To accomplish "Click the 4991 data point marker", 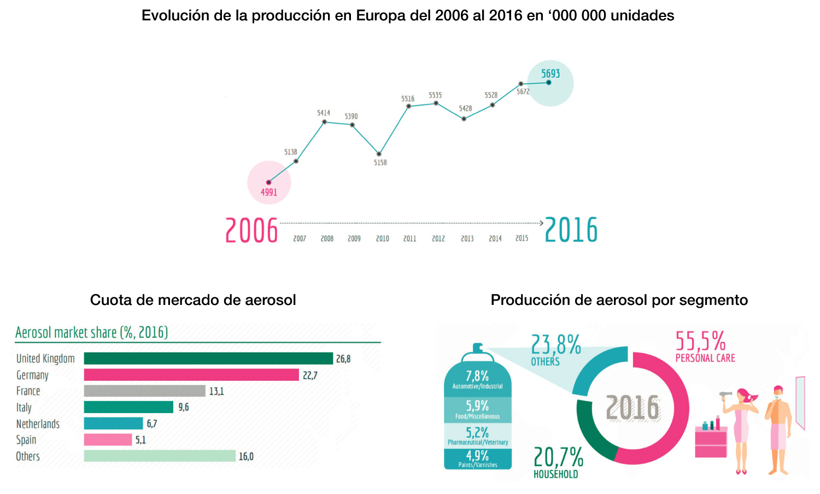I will [x=268, y=182].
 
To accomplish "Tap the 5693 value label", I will [x=550, y=74].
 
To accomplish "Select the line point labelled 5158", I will [x=379, y=154].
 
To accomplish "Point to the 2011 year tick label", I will [x=409, y=239].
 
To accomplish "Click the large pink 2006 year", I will [x=251, y=230].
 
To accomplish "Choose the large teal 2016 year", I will [x=571, y=230].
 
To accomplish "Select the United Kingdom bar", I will [x=208, y=358].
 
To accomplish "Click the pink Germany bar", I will [x=191, y=375].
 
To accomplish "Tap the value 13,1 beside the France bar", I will [x=216, y=391].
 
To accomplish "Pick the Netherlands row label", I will [x=38, y=424].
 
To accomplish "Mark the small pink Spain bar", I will [x=108, y=440].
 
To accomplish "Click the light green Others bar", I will [x=160, y=456].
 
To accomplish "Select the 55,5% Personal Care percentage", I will [x=700, y=341].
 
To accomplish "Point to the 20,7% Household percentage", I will [x=558, y=457].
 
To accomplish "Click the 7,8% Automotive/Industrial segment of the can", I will [x=477, y=379].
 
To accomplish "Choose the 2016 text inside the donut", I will [x=633, y=408].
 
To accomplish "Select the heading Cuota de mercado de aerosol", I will [x=193, y=300].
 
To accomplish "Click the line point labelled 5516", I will [x=408, y=106].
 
